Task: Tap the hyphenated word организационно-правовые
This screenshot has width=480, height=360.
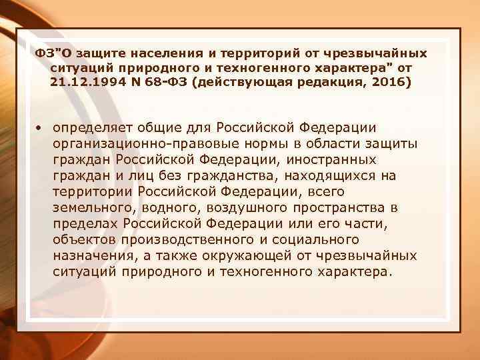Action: (133, 144)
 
